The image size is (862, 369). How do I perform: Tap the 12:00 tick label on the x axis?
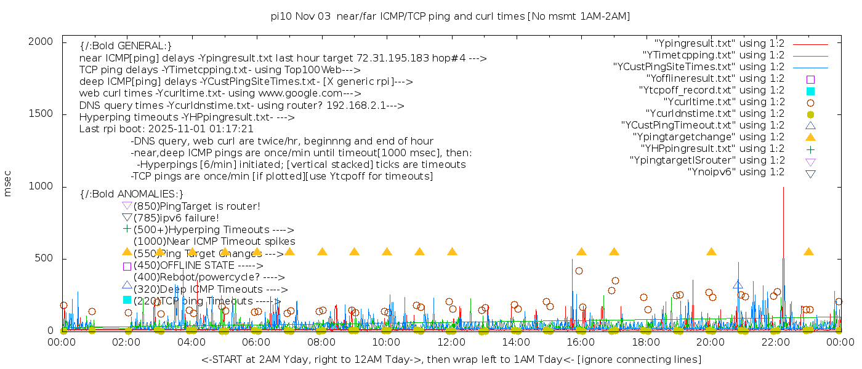(x=451, y=342)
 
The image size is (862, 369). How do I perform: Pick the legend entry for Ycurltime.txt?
(x=723, y=102)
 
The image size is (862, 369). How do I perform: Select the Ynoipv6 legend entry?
(x=736, y=172)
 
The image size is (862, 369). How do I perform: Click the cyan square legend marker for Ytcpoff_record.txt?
(x=810, y=91)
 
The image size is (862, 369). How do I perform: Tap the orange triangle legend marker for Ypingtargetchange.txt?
(x=810, y=137)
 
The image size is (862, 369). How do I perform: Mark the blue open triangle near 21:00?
(x=738, y=285)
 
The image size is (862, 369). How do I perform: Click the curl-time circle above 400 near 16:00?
(x=579, y=271)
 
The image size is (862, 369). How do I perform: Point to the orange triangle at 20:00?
(x=711, y=252)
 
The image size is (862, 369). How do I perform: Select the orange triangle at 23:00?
(x=808, y=252)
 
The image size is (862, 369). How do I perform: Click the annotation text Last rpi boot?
(x=166, y=129)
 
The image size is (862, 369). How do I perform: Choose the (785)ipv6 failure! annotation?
(x=176, y=218)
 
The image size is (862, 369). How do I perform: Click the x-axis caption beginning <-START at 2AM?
(x=451, y=359)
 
